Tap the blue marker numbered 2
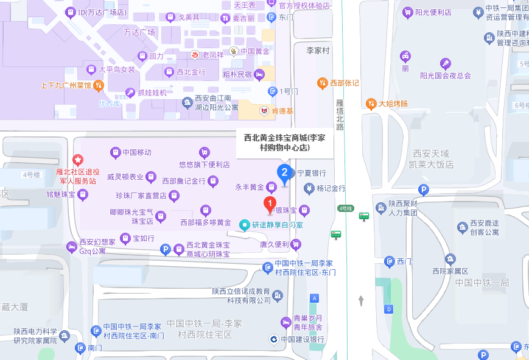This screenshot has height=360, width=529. point(284,172)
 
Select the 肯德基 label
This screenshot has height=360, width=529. point(282,111)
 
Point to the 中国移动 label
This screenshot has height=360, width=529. point(136,152)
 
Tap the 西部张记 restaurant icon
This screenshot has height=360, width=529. point(322,83)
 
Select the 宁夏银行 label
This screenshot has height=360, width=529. point(311,173)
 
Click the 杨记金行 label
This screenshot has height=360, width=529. point(331,188)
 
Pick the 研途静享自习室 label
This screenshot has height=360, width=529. point(278,225)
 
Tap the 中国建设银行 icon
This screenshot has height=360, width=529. point(275,339)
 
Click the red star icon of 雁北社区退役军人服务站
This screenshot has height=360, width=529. point(78,160)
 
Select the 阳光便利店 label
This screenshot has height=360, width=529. point(433,12)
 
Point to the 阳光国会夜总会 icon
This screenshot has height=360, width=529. point(446,63)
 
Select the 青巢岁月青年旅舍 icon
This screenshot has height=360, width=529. point(286,322)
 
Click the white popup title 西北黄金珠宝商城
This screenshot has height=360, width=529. point(285,143)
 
